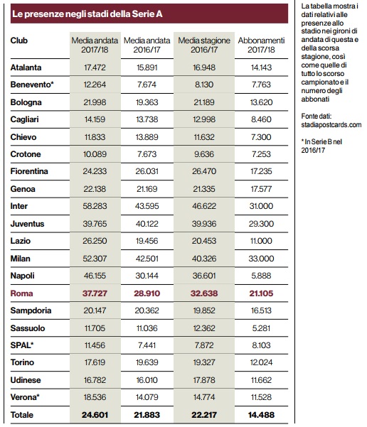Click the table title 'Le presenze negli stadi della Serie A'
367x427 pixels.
point(87,14)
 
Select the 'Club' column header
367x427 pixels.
point(18,40)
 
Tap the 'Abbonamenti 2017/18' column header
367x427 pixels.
point(261,45)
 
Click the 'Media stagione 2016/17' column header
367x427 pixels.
point(204,45)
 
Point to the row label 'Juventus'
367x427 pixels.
point(27,224)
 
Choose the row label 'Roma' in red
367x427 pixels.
point(21,293)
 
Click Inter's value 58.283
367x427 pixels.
point(95,206)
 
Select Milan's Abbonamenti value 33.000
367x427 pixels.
point(261,259)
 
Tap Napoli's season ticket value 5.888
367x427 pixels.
point(261,276)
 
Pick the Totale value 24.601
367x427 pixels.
point(95,415)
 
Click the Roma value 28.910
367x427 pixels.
point(147,293)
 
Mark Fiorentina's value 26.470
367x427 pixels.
point(204,171)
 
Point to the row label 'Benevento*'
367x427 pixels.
point(32,85)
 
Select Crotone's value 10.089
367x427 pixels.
point(95,154)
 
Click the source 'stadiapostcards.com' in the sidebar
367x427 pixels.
point(331,125)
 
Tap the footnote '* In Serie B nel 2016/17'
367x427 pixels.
point(321,146)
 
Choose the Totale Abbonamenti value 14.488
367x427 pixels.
point(261,415)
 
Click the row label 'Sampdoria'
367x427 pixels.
point(31,310)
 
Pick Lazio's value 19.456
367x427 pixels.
point(147,241)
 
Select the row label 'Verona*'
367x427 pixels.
point(25,397)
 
